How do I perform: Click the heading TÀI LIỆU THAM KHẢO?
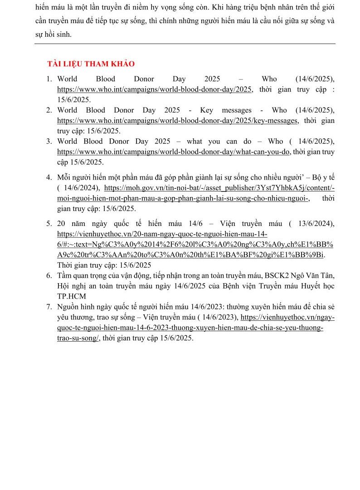(x=91, y=64)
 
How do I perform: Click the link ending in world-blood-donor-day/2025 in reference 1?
(x=155, y=89)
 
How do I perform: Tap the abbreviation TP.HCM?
(x=68, y=296)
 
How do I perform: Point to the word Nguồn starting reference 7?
(x=68, y=307)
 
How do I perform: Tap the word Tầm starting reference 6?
(x=65, y=275)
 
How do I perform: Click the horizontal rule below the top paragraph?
(x=185, y=44)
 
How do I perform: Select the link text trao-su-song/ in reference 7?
(x=78, y=338)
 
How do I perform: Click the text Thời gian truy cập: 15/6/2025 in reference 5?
(x=104, y=265)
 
